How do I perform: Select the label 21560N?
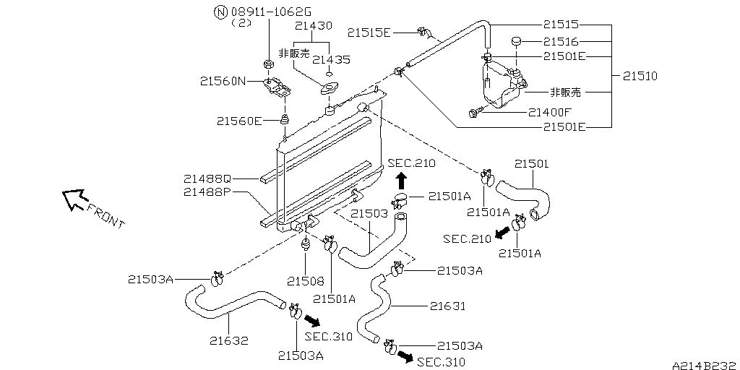coord(223,82)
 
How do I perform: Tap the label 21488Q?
coord(207,178)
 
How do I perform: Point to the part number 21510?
coord(640,75)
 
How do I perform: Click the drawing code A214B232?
coord(703,363)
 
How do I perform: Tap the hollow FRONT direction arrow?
coord(73,199)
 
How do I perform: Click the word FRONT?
coord(106,215)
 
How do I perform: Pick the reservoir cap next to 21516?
coord(516,41)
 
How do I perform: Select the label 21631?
coord(447,306)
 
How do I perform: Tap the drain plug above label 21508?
coord(306,243)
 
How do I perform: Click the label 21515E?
coord(369,32)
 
